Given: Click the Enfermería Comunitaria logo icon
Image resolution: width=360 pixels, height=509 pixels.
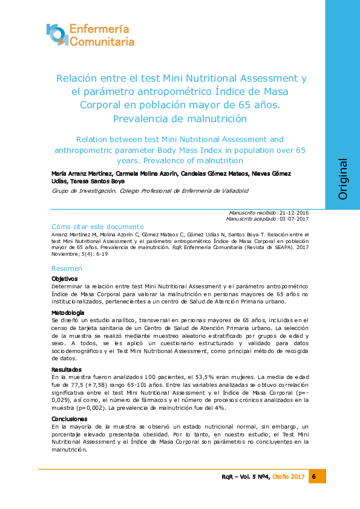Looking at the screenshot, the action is (x=57, y=34).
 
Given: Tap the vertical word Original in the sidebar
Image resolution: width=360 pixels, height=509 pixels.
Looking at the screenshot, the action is (x=342, y=179).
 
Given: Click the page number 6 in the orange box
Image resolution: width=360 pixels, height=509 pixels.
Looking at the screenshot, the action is (x=315, y=477).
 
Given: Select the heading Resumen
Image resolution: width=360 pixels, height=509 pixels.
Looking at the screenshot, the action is (x=67, y=268).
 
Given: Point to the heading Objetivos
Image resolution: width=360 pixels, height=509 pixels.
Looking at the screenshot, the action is (x=65, y=278).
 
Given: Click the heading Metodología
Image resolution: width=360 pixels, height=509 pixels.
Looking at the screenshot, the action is (x=68, y=313).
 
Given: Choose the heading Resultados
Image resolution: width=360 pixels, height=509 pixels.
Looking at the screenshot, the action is (x=67, y=369).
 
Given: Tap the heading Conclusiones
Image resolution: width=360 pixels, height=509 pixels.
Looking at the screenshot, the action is (x=69, y=419).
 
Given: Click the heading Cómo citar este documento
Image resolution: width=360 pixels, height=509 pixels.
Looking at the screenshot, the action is (x=98, y=226).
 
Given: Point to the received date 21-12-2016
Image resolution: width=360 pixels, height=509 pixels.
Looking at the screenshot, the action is (x=295, y=213).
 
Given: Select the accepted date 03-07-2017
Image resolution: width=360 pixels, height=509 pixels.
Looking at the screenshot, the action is (x=295, y=219).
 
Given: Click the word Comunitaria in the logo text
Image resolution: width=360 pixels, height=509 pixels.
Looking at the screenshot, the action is (x=102, y=42).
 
